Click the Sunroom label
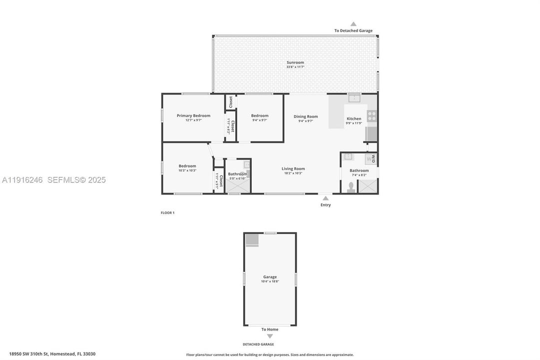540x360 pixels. coord(295,62)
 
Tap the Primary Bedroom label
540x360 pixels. coord(193,115)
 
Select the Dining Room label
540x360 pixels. coord(305,116)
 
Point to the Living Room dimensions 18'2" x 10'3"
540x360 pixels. coord(293,173)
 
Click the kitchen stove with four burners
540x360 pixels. coord(372,116)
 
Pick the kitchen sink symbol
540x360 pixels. coord(354,97)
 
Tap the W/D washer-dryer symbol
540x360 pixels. coord(371,159)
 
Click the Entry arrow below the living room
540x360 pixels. coord(326,198)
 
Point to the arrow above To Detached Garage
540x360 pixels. coord(353,24)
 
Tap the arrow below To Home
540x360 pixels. coord(270,336)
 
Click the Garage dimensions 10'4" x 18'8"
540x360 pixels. coord(270,281)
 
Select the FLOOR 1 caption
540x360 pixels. coord(167,213)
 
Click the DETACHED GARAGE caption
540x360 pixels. coord(258,344)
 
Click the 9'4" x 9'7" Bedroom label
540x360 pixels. coord(260,115)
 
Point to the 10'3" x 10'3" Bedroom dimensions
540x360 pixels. coord(187,170)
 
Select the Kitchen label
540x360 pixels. coord(354,118)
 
